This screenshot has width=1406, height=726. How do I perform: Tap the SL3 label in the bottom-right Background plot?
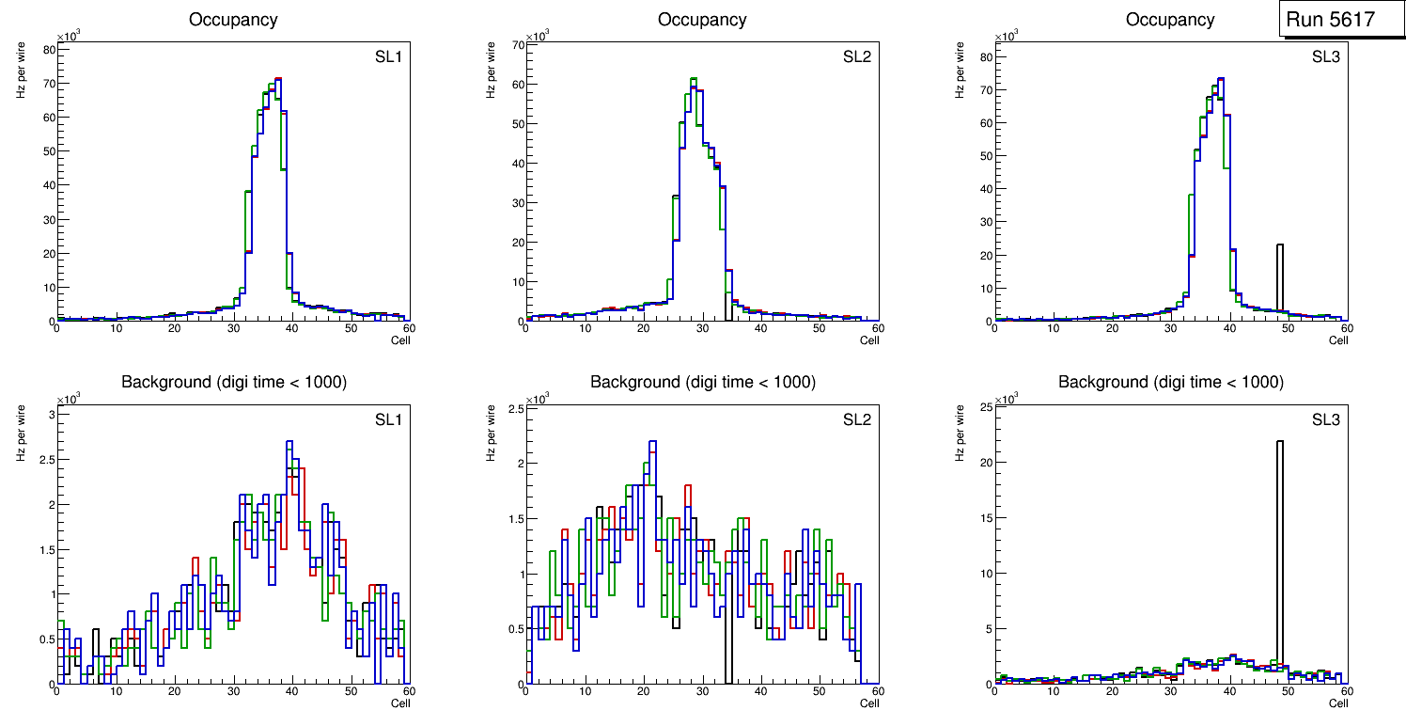pyautogui.click(x=1325, y=418)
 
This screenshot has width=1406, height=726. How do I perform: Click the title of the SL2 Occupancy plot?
pyautogui.click(x=702, y=19)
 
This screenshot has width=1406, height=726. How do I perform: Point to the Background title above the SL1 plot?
pyautogui.click(x=233, y=382)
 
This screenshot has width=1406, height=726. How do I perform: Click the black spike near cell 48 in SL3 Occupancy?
pyautogui.click(x=1279, y=273)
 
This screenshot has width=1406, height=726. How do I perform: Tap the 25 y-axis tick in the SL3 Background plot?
pyautogui.click(x=983, y=406)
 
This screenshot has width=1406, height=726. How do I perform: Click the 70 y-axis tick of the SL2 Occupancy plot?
pyautogui.click(x=515, y=44)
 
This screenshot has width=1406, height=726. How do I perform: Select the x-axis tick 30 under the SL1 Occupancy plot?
pyautogui.click(x=233, y=328)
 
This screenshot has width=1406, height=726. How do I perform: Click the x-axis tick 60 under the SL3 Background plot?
pyautogui.click(x=1347, y=691)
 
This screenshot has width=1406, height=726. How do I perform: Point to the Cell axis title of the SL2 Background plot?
pyautogui.click(x=869, y=703)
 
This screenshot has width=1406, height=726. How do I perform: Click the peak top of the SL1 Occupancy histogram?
pyautogui.click(x=278, y=79)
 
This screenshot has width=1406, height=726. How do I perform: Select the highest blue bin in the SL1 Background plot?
pyautogui.click(x=289, y=441)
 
